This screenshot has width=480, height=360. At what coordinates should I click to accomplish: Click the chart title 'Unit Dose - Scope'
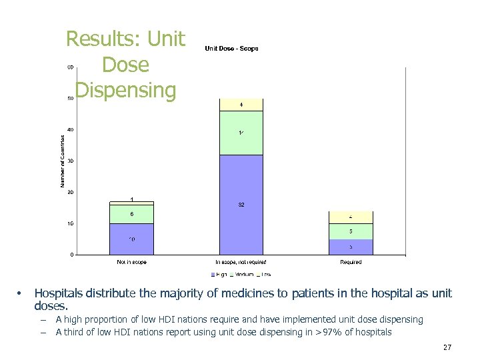231,49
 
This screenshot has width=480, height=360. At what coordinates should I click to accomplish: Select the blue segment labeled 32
241,205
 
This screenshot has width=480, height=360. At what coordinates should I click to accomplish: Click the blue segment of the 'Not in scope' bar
132,239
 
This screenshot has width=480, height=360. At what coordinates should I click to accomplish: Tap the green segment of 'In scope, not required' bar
241,133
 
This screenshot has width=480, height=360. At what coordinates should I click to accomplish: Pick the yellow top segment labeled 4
241,105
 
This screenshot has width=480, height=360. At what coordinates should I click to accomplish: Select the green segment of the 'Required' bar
351,231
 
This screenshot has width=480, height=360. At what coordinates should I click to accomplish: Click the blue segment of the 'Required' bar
351,247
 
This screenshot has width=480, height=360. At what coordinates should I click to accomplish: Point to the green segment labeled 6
132,214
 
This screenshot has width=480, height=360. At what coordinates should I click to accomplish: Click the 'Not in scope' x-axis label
132,262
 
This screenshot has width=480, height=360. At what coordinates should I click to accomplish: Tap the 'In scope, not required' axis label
241,262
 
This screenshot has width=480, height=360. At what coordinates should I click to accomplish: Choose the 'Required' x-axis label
351,262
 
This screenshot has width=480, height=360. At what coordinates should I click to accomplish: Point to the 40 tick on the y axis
70,129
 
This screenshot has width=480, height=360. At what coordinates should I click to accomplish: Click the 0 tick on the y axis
72,255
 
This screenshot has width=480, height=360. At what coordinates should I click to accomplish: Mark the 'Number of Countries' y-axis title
63,161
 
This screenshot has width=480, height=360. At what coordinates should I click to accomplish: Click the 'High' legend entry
220,274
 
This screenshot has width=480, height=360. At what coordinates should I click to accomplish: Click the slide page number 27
447,347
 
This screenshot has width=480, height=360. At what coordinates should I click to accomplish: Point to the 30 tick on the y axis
70,161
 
